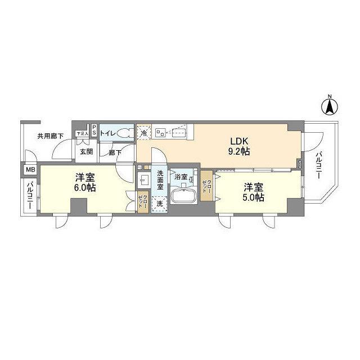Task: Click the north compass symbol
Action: [x=330, y=105]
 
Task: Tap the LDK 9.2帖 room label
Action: [x=238, y=146]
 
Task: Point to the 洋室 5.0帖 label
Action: [x=254, y=191]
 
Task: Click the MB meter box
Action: [x=29, y=169]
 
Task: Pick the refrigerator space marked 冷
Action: [x=144, y=133]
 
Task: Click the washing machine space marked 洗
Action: [x=160, y=204]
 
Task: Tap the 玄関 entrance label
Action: [x=85, y=151]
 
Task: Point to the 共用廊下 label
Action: [x=50, y=136]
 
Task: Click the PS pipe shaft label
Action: [x=94, y=129]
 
